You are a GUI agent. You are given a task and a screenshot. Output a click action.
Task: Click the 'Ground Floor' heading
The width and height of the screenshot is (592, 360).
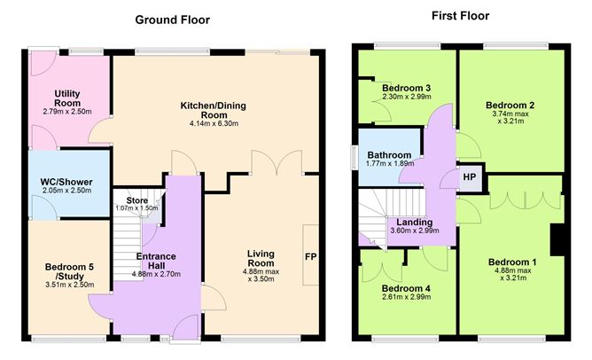click(x=173, y=20)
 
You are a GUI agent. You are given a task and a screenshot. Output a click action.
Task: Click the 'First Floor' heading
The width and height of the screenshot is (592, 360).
click(x=460, y=16)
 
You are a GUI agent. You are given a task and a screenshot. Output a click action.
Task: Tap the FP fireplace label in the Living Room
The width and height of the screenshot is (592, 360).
click(x=310, y=257)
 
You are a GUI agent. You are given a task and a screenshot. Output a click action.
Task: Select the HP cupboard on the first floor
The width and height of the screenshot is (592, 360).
click(x=470, y=176)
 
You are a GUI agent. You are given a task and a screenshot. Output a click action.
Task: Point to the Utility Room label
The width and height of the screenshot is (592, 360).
click(x=67, y=98)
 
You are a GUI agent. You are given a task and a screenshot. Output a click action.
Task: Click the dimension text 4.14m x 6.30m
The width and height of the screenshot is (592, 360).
click(x=214, y=123)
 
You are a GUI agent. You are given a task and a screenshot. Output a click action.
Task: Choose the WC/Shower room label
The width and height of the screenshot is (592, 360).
click(x=66, y=182)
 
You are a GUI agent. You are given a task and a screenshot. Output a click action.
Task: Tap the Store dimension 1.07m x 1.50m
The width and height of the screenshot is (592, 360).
click(x=136, y=208)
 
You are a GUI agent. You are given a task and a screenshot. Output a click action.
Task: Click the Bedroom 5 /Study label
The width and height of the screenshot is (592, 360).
click(x=69, y=271)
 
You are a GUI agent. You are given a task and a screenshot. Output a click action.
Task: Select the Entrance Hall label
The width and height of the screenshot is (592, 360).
click(x=156, y=261)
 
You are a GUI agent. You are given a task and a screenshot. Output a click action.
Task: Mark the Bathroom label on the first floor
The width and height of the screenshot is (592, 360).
click(x=389, y=155)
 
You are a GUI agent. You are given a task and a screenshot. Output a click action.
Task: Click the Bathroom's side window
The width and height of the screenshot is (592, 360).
click(x=354, y=157)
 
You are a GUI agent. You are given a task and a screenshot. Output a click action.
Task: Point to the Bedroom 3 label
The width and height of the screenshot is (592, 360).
click(x=406, y=88)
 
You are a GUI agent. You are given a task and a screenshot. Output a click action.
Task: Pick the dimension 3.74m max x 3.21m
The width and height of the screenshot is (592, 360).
click(x=510, y=117)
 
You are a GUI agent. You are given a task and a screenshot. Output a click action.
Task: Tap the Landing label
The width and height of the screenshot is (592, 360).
click(x=414, y=223)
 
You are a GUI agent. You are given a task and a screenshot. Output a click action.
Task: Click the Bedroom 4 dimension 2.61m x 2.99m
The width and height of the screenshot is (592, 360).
click(x=406, y=297)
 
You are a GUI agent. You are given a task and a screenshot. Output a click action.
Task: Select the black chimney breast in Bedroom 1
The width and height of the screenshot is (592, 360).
click(x=557, y=240)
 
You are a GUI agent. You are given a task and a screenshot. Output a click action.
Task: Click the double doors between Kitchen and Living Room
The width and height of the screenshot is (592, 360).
click(x=277, y=162)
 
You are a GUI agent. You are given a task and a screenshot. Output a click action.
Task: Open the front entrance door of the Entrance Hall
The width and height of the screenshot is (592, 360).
click(x=185, y=328)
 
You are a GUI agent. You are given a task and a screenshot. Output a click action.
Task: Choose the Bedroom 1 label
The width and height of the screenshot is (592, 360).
click(x=512, y=262)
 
